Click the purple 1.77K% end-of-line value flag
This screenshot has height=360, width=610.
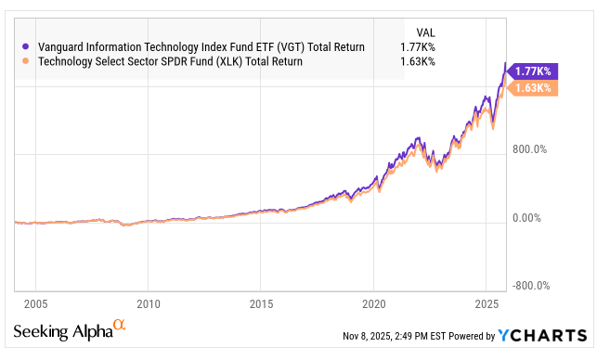coord(533,71)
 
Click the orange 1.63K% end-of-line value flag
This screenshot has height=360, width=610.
coord(533,89)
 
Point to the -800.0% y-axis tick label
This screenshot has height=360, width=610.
coord(530,287)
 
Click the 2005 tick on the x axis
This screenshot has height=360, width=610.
coord(35,303)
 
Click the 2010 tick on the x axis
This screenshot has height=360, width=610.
coord(149,303)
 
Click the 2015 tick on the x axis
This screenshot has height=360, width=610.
coord(261,303)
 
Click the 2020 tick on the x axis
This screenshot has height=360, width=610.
coord(373,303)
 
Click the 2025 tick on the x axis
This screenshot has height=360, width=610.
coord(487,303)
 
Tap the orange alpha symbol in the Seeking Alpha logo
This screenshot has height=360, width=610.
coord(118,326)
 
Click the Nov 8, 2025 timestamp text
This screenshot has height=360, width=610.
coord(397,336)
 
